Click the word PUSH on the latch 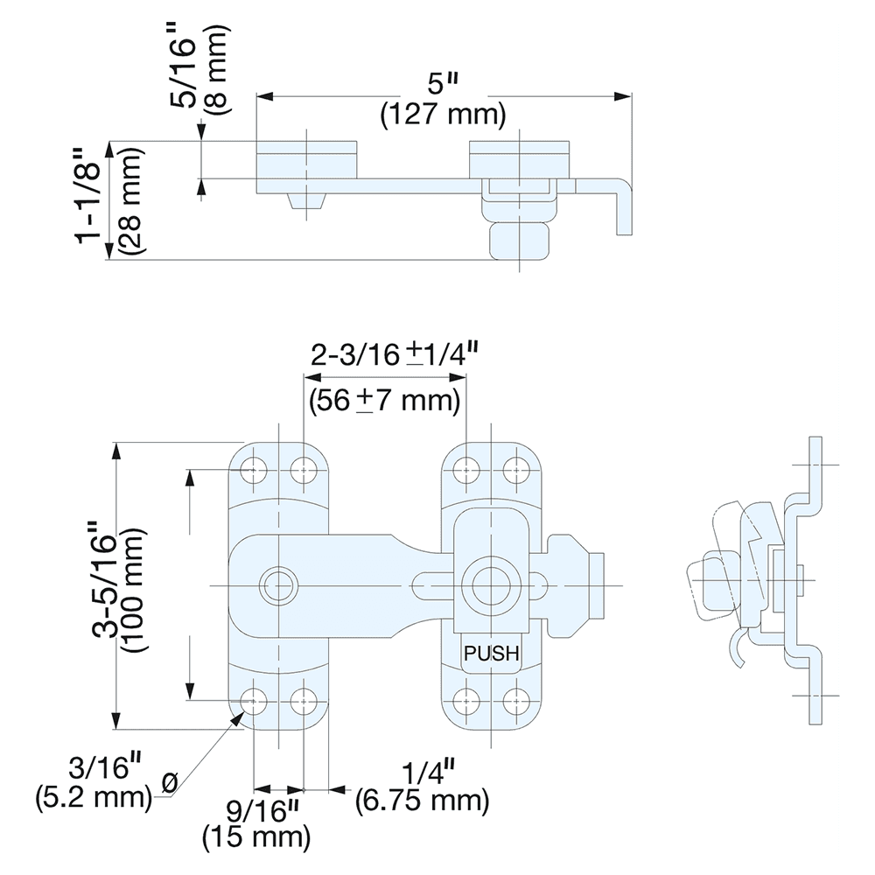(491, 652)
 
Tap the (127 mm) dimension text (443, 115)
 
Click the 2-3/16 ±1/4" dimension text (394, 354)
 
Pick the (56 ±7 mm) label (384, 401)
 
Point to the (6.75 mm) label (422, 800)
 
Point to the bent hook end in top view (620, 206)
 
